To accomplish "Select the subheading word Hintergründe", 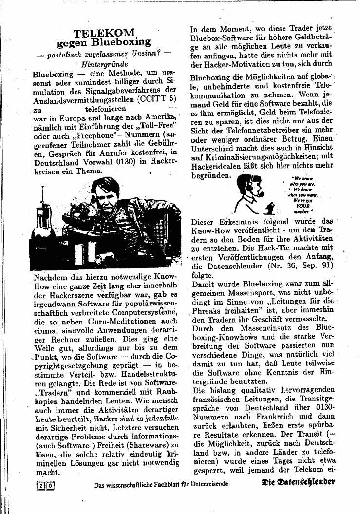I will (105, 64).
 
